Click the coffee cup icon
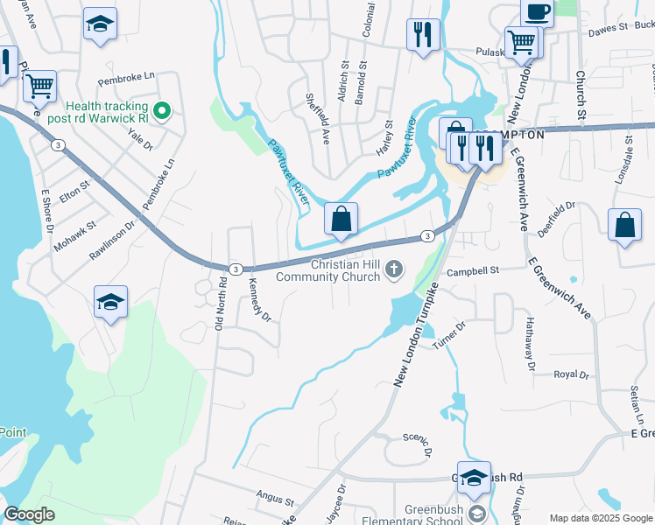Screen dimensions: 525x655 click(x=537, y=10)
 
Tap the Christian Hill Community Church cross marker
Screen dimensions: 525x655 click(x=395, y=269)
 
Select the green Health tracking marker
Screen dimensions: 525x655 click(x=161, y=111)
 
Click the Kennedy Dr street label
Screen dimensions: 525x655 click(x=260, y=299)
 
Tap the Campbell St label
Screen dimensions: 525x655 click(x=472, y=271)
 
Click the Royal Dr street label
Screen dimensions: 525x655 click(x=571, y=374)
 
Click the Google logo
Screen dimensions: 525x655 click(x=29, y=514)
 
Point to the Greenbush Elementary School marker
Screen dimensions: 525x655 click(x=476, y=513)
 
